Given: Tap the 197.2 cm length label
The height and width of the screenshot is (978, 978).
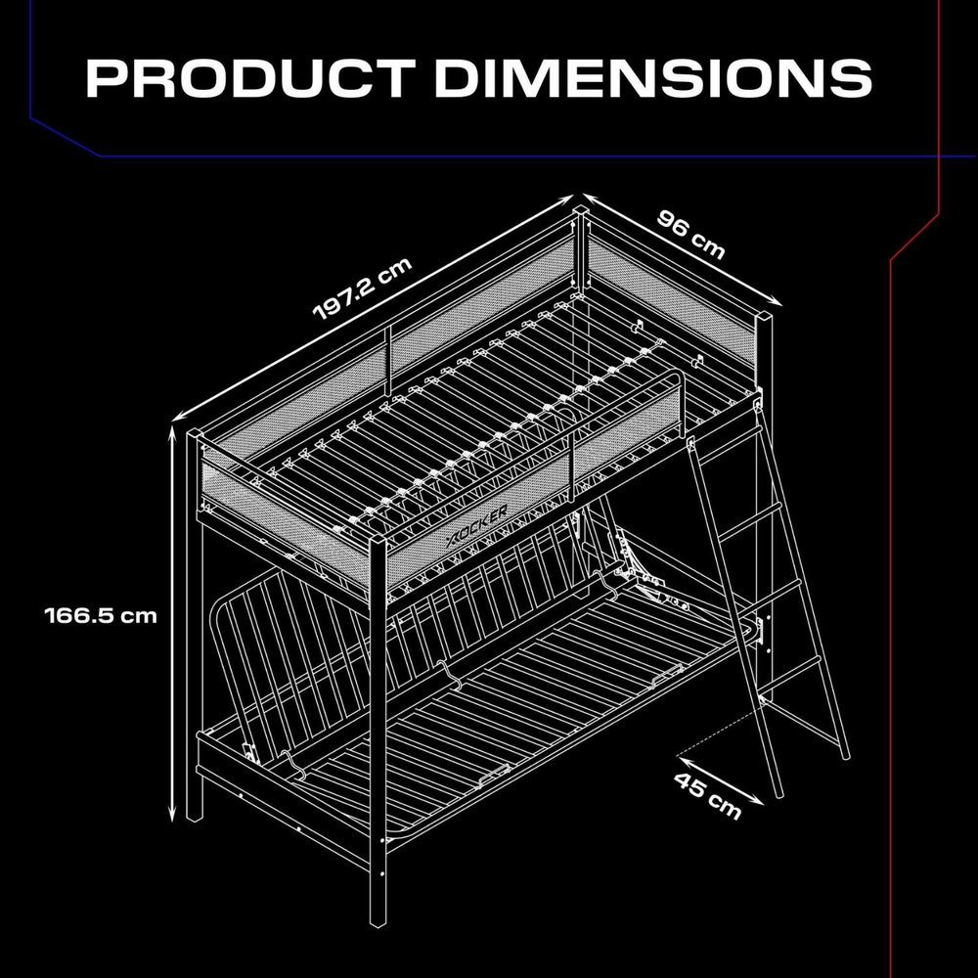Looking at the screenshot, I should click(363, 289).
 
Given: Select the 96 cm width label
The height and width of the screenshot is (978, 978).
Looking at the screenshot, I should click(690, 234).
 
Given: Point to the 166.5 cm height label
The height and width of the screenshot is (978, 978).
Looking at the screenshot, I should click(100, 616).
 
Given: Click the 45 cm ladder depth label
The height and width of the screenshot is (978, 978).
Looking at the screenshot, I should click(707, 793).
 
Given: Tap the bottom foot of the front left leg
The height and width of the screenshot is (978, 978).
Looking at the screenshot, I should click(194, 812).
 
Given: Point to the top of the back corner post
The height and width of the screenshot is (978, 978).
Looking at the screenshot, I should click(581, 209).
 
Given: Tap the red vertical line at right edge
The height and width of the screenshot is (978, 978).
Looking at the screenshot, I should click(891, 587).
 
